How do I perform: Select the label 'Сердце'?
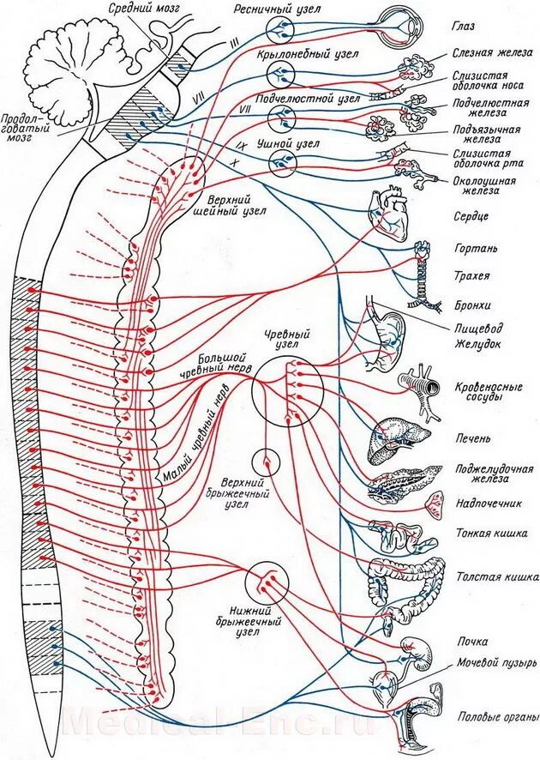point(471,217)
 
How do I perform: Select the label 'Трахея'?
point(472,276)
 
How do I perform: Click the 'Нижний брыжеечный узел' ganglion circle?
point(266,584)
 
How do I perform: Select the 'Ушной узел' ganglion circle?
point(280,162)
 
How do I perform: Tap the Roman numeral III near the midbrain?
point(231,40)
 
